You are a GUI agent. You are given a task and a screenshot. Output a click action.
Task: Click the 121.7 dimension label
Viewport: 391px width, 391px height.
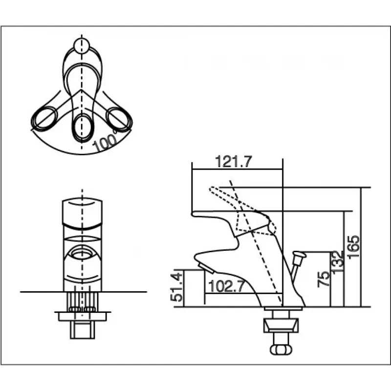coord(234,162)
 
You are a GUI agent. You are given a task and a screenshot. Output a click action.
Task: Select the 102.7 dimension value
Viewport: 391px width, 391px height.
coord(226,286)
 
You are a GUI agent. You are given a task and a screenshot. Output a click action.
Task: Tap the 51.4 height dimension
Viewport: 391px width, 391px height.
coord(176,287)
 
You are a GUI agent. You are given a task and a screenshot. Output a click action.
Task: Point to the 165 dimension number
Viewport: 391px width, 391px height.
coord(353,247)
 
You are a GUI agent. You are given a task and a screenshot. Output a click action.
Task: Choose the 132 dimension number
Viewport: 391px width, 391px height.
coord(337,262)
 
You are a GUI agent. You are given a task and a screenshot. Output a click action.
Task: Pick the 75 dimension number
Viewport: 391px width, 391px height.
coord(324,279)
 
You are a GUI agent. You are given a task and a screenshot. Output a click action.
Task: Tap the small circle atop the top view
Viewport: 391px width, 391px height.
coord(82,45)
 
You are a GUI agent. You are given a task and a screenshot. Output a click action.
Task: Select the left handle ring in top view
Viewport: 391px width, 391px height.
coord(44,118)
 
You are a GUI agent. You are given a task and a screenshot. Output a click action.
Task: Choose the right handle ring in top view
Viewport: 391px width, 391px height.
coord(119,118)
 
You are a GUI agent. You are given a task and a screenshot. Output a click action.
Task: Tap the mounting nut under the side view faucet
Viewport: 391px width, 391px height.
coord(281,326)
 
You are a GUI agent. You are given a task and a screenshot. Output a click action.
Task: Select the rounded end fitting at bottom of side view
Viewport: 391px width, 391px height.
coord(281,349)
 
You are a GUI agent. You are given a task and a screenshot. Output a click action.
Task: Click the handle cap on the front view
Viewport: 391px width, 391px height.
coord(82,213)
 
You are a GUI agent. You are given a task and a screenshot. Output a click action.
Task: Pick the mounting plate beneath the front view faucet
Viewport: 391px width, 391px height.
coord(82,316)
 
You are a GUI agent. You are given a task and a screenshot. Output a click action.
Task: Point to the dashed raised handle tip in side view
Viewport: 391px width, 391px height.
coord(213,190)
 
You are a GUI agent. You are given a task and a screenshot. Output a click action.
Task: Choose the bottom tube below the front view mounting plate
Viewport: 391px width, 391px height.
coord(82,330)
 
